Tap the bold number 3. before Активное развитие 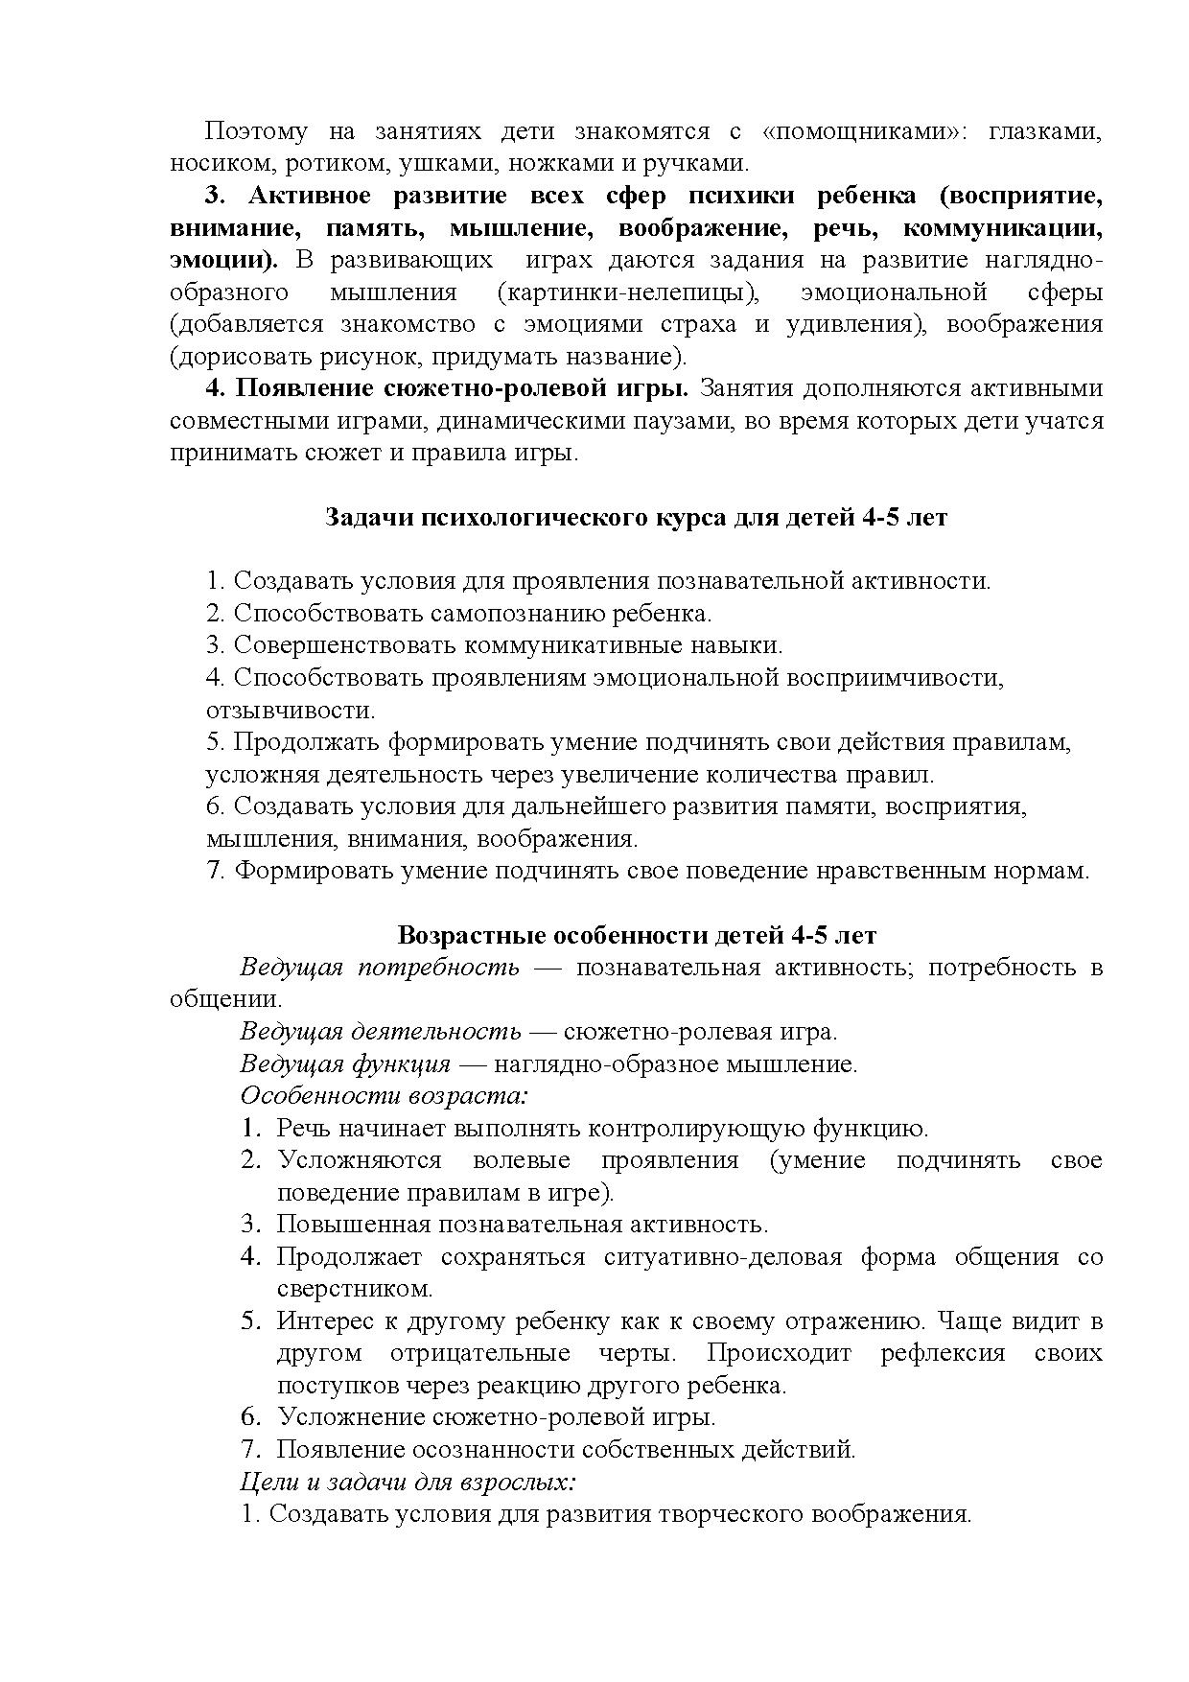coord(215,197)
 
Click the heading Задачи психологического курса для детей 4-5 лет coord(636,517)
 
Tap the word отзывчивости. coord(290,711)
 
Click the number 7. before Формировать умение coord(216,871)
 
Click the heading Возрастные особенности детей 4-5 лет coord(637,935)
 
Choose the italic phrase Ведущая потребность coord(380,968)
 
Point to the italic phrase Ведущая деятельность coord(381,1032)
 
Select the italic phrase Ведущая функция coord(345,1064)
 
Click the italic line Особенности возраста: coord(385,1096)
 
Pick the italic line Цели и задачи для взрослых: coord(408,1482)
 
